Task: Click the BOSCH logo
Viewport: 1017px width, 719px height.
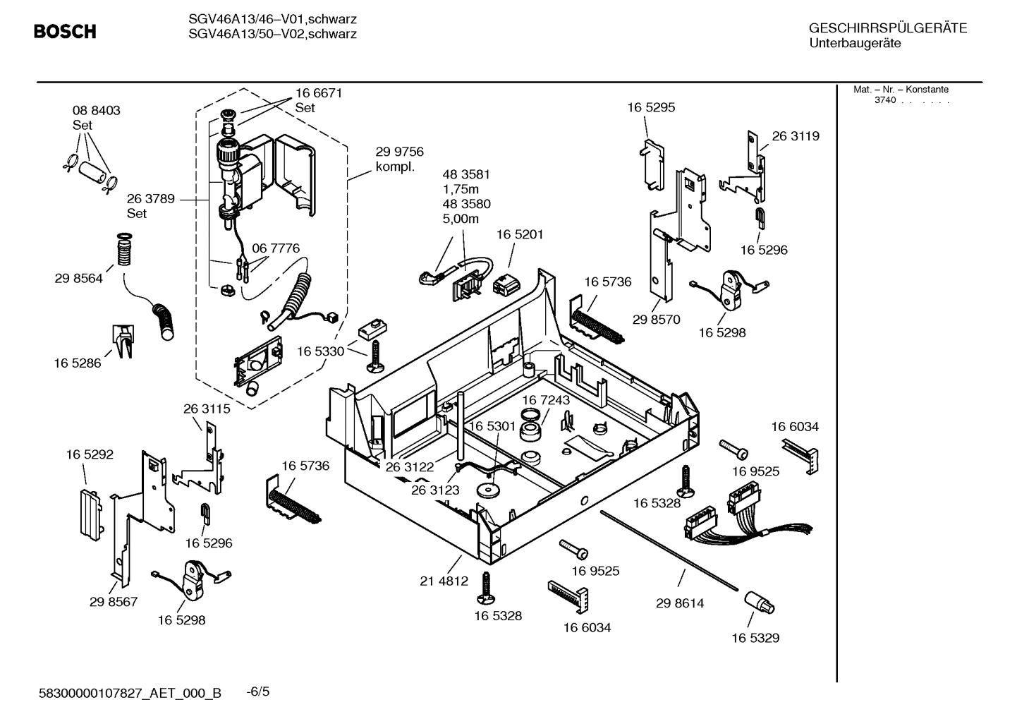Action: click(65, 32)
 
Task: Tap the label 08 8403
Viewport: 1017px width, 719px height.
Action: click(96, 110)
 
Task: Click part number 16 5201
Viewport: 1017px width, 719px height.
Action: click(520, 234)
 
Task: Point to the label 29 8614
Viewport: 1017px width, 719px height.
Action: click(679, 603)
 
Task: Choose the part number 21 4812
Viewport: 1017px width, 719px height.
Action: click(444, 581)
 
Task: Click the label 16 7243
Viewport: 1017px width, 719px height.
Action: click(546, 400)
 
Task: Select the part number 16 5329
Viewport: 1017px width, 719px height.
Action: click(755, 638)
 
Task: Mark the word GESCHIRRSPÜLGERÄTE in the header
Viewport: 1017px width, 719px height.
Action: click(888, 28)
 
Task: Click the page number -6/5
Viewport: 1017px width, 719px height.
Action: click(258, 691)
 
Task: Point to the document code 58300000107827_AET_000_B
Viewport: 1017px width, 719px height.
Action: click(130, 693)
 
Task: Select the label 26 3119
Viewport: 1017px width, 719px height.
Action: click(796, 136)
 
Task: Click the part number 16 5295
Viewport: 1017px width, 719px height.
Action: click(651, 107)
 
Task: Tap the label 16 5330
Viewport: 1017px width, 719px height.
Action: click(320, 351)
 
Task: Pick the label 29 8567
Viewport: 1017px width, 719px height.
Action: click(114, 602)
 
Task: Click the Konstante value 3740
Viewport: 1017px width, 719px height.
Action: click(884, 100)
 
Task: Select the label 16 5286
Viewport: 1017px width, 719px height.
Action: click(78, 363)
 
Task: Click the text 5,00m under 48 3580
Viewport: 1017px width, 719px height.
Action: click(461, 219)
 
